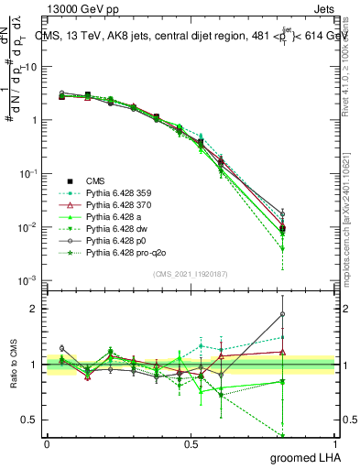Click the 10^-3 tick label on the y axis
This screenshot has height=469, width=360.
point(27,280)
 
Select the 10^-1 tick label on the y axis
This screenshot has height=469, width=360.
point(27,173)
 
